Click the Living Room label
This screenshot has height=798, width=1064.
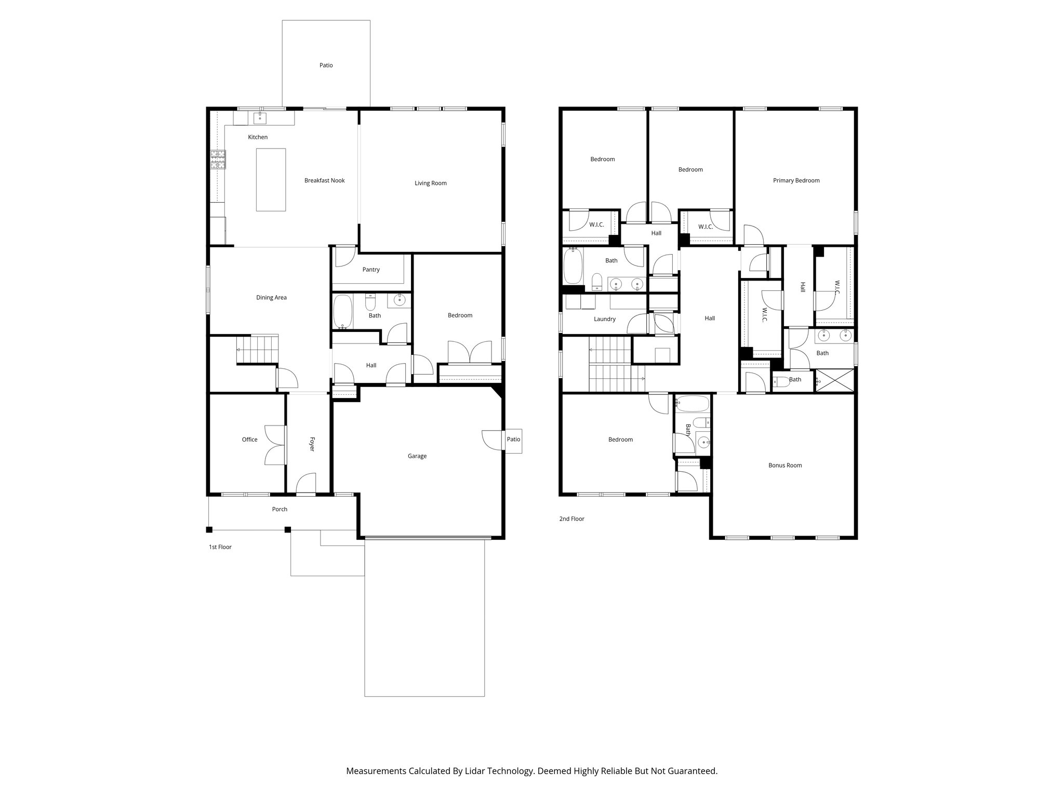pyautogui.click(x=430, y=183)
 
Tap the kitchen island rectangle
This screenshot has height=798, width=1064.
pyautogui.click(x=271, y=179)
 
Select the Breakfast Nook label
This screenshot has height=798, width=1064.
pyautogui.click(x=324, y=180)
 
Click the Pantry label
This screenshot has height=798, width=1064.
pyautogui.click(x=371, y=270)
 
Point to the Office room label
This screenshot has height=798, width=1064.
pyautogui.click(x=249, y=440)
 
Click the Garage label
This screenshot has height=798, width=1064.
pyautogui.click(x=417, y=456)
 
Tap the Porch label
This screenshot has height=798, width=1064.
pyautogui.click(x=280, y=509)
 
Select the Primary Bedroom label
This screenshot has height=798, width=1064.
pyautogui.click(x=796, y=180)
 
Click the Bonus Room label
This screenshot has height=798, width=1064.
pyautogui.click(x=785, y=465)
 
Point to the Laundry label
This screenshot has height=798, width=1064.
pyautogui.click(x=605, y=319)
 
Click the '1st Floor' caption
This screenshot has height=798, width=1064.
pyautogui.click(x=220, y=547)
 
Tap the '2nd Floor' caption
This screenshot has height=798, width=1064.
pyautogui.click(x=571, y=518)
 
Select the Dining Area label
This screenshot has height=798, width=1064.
pyautogui.click(x=271, y=298)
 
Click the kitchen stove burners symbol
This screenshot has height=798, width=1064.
pyautogui.click(x=218, y=159)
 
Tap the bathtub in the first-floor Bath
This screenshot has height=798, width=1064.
pyautogui.click(x=342, y=312)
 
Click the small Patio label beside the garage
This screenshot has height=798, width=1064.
pyautogui.click(x=513, y=440)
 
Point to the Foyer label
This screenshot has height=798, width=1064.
pyautogui.click(x=312, y=444)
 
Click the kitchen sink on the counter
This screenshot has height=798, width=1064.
pyautogui.click(x=260, y=118)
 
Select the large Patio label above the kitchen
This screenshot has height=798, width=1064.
pyautogui.click(x=326, y=65)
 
